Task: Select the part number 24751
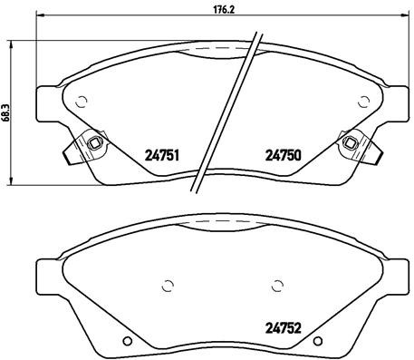tap(160, 155)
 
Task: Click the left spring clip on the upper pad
tap(90, 143)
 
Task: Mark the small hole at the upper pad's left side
tap(82, 102)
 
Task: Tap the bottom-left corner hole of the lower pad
tap(126, 341)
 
